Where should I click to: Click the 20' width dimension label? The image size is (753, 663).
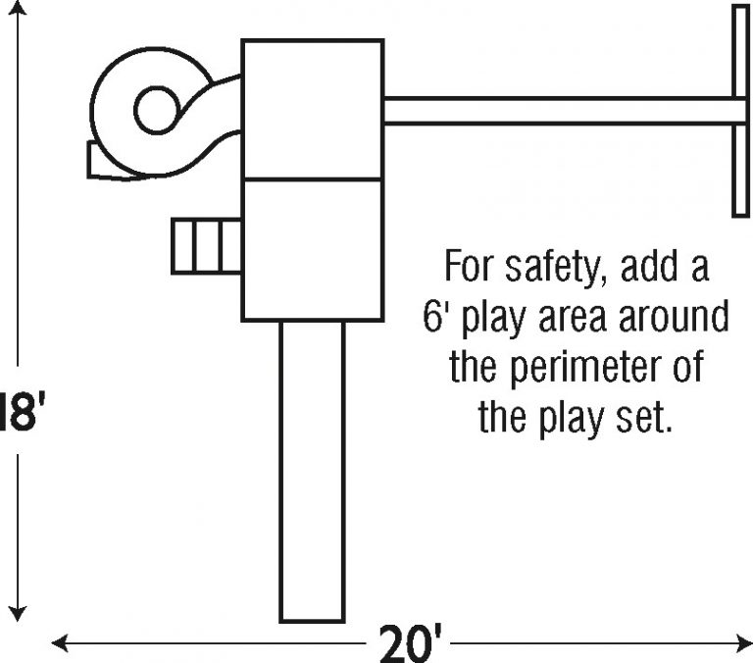click(411, 643)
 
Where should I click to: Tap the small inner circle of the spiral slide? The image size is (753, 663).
click(157, 111)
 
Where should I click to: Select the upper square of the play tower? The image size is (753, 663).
click(313, 110)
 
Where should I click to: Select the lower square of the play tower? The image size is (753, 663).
click(313, 249)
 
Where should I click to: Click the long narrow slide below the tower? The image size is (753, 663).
click(312, 472)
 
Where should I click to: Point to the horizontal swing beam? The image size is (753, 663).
click(559, 111)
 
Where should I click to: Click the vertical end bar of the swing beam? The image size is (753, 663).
click(741, 111)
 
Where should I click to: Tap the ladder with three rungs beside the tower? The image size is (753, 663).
click(207, 246)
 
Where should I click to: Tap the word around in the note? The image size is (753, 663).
click(674, 316)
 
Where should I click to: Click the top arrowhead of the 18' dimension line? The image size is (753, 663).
click(18, 7)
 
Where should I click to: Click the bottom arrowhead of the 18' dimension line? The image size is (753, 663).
click(18, 615)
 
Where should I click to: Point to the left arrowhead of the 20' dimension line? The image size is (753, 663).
click(60, 642)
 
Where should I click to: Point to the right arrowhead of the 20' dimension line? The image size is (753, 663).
click(744, 642)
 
